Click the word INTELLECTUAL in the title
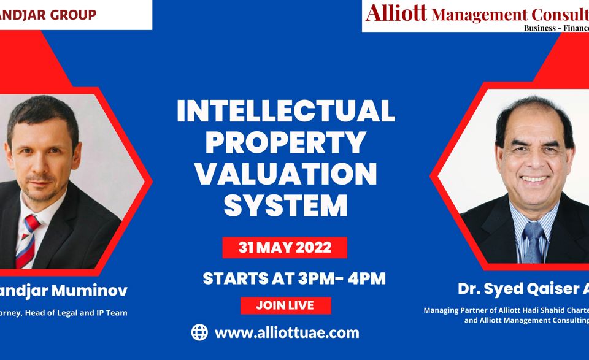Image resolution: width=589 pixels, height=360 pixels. (x=286, y=110)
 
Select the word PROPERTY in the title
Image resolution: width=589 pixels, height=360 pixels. (x=286, y=142)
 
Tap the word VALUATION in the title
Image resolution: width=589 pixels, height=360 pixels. (x=286, y=174)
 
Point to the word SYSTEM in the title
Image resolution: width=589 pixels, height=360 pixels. (x=286, y=205)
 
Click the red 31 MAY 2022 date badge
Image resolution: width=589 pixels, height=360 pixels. (x=285, y=248)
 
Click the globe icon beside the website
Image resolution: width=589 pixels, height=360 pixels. (x=199, y=332)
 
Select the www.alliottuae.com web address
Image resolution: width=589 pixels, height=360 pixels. (x=287, y=333)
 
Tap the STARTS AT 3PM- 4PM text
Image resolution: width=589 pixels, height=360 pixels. (x=294, y=278)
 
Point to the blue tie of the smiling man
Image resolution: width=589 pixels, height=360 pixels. (x=533, y=242)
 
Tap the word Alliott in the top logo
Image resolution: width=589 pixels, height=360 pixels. (x=396, y=12)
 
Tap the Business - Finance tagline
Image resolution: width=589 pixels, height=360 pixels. (x=556, y=28)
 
